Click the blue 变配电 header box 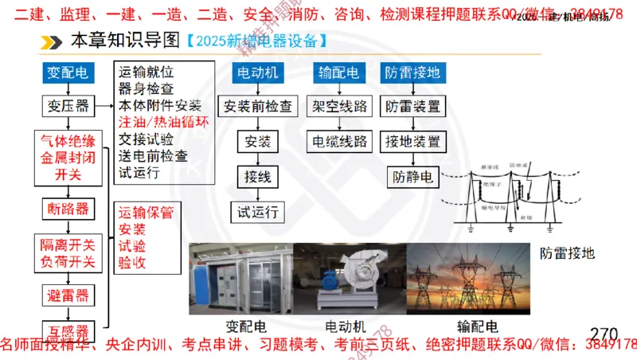pyautogui.click(x=68, y=73)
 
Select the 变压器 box pyautogui.click(x=68, y=105)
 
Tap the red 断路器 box pyautogui.click(x=68, y=209)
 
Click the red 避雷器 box pyautogui.click(x=68, y=295)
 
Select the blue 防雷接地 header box pyautogui.click(x=412, y=73)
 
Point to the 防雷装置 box pyautogui.click(x=412, y=105)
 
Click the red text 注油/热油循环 pyautogui.click(x=164, y=123)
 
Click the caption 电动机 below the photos pyautogui.click(x=348, y=327)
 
